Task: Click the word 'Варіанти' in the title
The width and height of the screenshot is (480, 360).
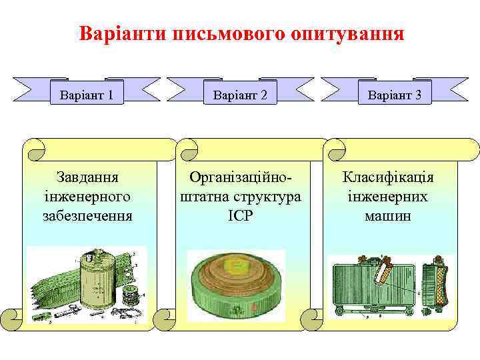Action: (121, 33)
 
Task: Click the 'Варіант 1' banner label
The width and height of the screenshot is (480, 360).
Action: (86, 95)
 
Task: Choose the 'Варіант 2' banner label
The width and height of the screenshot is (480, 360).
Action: (240, 95)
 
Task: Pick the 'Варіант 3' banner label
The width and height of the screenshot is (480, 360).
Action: (394, 95)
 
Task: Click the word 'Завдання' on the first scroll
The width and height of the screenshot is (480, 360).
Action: (87, 178)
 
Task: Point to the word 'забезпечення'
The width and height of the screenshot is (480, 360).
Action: (87, 215)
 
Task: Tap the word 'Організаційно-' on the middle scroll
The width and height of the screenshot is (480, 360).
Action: (241, 178)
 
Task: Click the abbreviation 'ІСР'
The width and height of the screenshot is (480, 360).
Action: (240, 215)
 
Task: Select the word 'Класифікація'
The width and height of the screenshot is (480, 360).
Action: (388, 178)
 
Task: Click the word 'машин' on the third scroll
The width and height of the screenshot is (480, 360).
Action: (388, 215)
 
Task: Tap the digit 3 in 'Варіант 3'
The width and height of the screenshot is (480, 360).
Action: (417, 95)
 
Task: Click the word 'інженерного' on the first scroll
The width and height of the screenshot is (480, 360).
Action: (87, 197)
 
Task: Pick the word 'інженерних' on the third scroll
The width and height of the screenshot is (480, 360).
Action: (388, 197)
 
